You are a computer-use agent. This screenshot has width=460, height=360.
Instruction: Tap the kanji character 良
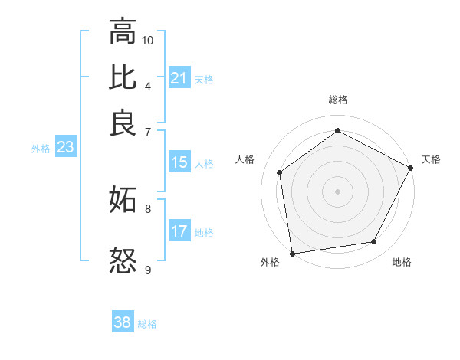[123, 122]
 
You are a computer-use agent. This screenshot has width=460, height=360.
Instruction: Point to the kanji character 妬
[123, 201]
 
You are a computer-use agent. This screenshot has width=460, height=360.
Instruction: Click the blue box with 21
[179, 78]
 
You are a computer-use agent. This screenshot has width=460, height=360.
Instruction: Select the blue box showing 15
[179, 162]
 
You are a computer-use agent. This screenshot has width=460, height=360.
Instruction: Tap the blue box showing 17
[179, 231]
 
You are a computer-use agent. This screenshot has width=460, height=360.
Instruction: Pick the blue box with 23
[64, 148]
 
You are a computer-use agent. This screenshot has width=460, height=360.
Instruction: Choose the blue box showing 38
[123, 322]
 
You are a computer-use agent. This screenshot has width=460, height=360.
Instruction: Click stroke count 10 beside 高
[148, 40]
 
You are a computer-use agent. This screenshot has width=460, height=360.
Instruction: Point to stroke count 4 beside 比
[148, 85]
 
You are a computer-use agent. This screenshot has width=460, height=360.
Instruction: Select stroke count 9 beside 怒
[148, 270]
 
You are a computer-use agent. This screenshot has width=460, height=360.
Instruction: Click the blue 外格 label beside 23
[41, 149]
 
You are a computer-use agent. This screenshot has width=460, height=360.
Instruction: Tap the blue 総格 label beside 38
[147, 324]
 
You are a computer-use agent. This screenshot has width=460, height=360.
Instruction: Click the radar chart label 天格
[431, 159]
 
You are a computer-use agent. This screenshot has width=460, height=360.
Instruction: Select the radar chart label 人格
[245, 159]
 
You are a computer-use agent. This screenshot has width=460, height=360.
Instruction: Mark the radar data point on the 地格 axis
[374, 242]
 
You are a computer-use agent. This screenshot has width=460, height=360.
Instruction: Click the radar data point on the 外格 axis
[292, 253]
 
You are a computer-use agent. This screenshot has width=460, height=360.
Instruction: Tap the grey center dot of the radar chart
[337, 191]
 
